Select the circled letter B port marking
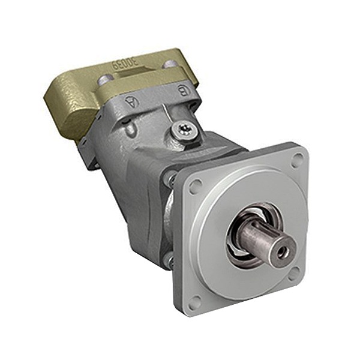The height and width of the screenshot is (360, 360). coord(182,91)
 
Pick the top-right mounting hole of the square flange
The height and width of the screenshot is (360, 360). coord(297,161)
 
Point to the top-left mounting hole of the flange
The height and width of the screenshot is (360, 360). coord(194,187)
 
